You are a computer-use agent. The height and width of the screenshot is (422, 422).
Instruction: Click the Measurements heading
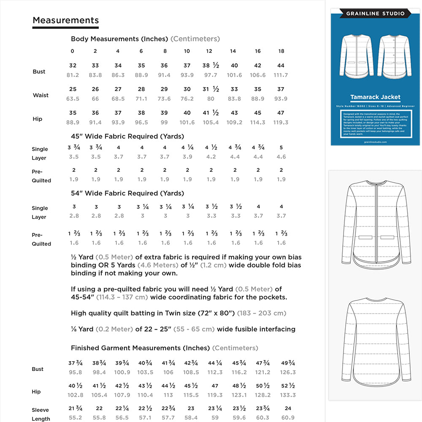click(x=66, y=20)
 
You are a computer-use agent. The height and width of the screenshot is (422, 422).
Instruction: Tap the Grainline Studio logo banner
click(x=375, y=14)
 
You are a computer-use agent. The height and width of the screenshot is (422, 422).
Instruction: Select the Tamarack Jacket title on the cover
click(x=375, y=97)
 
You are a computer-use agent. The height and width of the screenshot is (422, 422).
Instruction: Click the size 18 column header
click(x=281, y=51)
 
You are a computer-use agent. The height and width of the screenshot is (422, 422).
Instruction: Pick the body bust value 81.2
click(x=73, y=75)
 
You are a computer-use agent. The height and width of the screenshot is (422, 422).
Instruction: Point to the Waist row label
click(x=41, y=95)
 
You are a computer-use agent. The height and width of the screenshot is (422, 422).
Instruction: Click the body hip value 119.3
click(x=281, y=122)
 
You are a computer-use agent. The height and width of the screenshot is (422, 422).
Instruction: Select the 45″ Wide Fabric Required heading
click(x=127, y=136)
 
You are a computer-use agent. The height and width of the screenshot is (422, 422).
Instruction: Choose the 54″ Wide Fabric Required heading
click(x=127, y=193)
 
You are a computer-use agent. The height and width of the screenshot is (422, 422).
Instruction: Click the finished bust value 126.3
click(x=288, y=372)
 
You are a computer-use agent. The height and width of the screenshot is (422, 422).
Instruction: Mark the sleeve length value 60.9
click(x=288, y=417)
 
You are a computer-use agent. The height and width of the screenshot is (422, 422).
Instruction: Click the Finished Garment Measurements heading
click(x=140, y=348)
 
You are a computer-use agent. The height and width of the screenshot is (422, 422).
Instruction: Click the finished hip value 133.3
click(x=288, y=395)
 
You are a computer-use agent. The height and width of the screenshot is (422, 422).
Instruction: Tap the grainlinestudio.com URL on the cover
click(x=375, y=142)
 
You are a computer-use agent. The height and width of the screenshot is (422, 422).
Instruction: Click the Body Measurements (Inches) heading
click(x=119, y=39)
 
